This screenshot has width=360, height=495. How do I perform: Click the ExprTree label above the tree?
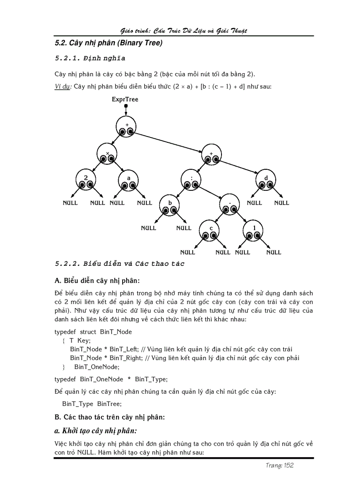coord(125,100)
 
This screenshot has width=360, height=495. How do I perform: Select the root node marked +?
coord(127,127)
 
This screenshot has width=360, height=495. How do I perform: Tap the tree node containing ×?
coord(108,154)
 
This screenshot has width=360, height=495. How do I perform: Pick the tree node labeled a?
coord(129,181)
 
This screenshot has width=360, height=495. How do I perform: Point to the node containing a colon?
coord(191,181)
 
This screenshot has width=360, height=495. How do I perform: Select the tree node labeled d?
coord(266,181)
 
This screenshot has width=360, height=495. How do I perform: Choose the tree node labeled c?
coord(210,231)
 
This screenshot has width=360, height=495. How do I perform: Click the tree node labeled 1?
coord(254,231)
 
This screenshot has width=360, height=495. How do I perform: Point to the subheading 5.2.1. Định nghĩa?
coord(90,58)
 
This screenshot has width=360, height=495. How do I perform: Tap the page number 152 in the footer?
coord(289,465)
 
